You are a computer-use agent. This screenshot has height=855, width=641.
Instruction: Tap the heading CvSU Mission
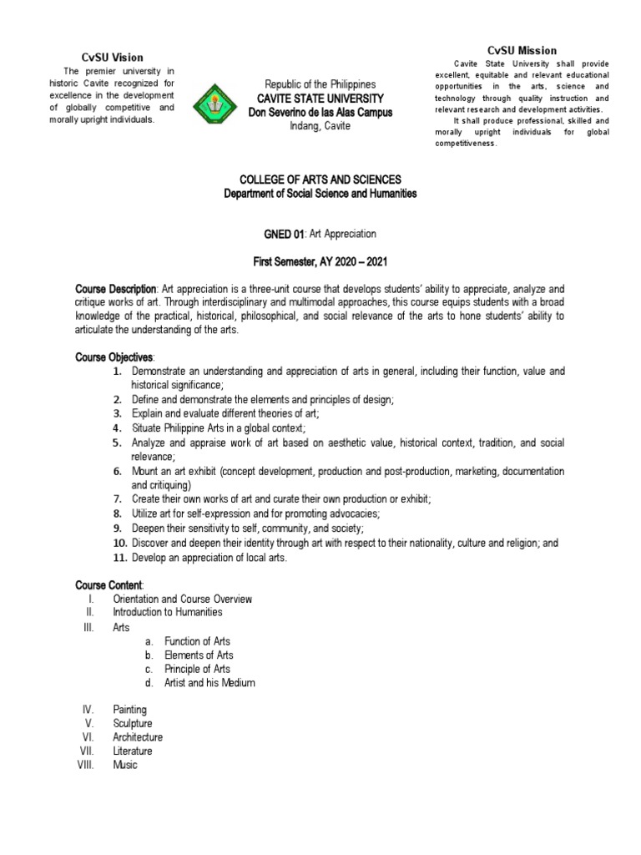[522, 50]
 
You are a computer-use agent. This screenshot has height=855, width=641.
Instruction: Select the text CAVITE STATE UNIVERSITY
[320, 99]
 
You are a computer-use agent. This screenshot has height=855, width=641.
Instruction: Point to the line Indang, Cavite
[320, 125]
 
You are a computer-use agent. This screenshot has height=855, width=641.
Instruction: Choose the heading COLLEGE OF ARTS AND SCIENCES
[320, 180]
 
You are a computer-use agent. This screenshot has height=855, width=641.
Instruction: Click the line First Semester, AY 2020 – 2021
[320, 263]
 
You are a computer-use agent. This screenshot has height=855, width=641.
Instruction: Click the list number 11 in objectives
[118, 558]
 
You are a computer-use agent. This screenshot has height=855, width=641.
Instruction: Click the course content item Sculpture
[132, 723]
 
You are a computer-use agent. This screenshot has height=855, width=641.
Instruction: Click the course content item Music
[124, 765]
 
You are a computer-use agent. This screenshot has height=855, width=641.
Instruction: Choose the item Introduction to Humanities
[167, 612]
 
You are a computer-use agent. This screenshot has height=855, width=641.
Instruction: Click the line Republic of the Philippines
[320, 85]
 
